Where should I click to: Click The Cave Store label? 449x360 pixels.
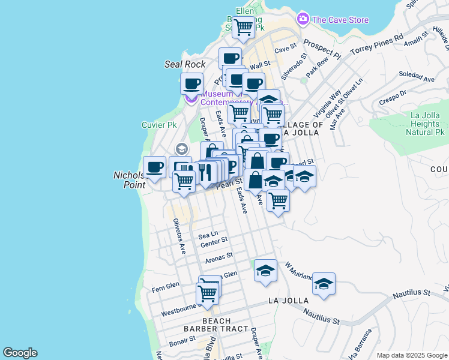pyautogui.click(x=340, y=20)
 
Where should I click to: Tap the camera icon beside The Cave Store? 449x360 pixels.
pyautogui.click(x=303, y=19)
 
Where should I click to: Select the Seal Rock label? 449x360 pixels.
pyautogui.click(x=185, y=64)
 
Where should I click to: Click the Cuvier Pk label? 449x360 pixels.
pyautogui.click(x=158, y=125)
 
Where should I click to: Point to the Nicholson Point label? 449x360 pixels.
pyautogui.click(x=129, y=180)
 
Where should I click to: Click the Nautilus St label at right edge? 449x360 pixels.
pyautogui.click(x=411, y=294)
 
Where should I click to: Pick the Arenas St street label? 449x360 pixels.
pyautogui.click(x=218, y=258)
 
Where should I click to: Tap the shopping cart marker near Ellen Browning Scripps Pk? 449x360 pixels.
pyautogui.click(x=243, y=26)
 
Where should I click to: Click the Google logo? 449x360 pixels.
pyautogui.click(x=20, y=353)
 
